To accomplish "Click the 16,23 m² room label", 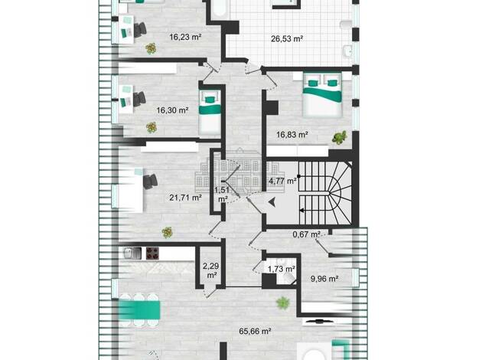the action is coord(185,37).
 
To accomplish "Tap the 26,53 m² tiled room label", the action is coord(287,39).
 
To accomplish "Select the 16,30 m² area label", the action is coord(172,110).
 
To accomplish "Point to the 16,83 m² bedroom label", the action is coord(292,134).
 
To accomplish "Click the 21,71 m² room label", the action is coord(185,198).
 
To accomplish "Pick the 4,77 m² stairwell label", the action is coord(282,181).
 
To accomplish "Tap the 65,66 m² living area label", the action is coord(256,331).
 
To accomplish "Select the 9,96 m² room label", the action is coord(324,279).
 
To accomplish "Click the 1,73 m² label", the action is coord(282,269).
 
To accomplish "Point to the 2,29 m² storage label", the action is coord(210,270).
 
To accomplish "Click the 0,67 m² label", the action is coord(306,234).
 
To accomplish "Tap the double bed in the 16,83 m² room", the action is coord(322,94).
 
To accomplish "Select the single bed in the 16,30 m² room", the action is coord(210,113).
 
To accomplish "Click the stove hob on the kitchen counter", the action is coord(152,254).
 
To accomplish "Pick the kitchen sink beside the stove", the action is coord(132,254).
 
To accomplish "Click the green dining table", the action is coord(139,310).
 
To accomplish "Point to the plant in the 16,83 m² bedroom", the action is coord(340,137).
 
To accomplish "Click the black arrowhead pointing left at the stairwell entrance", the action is coord(272,202).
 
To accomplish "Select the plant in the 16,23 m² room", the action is coord(151,48).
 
